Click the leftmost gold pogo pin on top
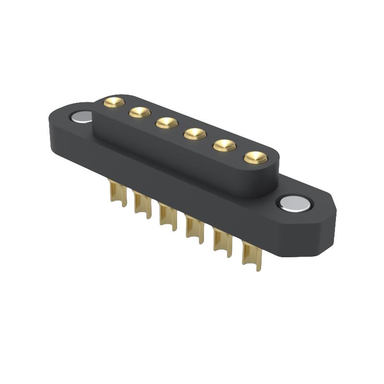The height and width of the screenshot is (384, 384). point(114,102)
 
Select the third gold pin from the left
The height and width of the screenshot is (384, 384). point(167,123)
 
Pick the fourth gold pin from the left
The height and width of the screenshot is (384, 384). point(195,133)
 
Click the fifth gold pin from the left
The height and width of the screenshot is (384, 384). point(225,145)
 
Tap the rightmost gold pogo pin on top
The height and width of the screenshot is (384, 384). point(255,157)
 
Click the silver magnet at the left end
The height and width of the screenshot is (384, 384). point(81,116)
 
